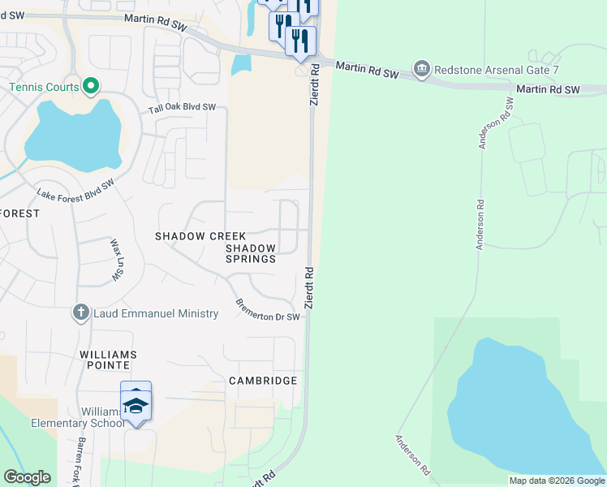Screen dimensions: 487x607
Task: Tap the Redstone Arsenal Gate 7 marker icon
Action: click(x=421, y=69)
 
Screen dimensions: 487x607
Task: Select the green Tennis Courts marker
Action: click(x=91, y=86)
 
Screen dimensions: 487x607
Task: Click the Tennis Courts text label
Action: click(x=44, y=87)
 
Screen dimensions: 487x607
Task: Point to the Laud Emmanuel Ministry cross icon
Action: click(x=80, y=312)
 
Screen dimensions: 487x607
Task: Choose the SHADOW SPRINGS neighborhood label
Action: click(x=251, y=253)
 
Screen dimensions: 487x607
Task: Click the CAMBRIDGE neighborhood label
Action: click(x=263, y=381)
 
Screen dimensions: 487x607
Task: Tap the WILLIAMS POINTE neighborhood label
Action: click(x=108, y=361)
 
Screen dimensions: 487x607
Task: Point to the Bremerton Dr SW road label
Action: click(x=268, y=310)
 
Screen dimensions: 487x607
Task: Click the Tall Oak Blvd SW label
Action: click(x=182, y=109)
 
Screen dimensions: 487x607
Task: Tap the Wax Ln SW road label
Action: click(x=115, y=261)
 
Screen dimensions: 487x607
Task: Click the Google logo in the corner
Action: click(x=27, y=477)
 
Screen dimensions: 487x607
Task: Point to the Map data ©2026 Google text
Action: click(x=557, y=481)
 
